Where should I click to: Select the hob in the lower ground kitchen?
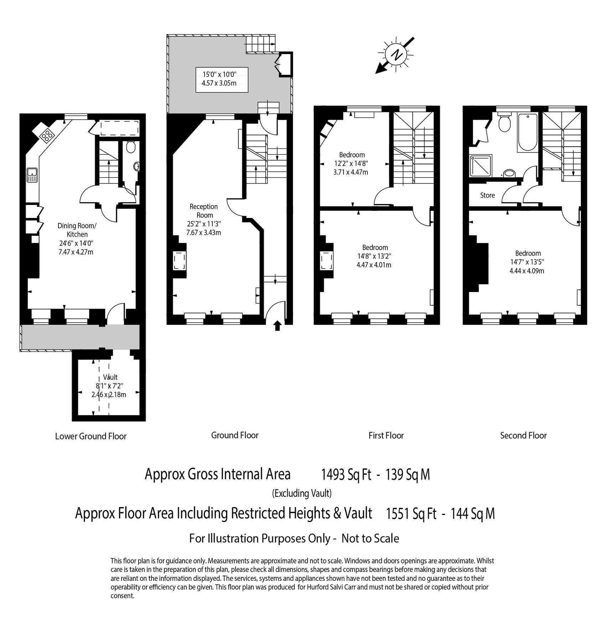[46, 135]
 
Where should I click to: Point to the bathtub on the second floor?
[527, 132]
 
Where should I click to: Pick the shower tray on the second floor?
[481, 166]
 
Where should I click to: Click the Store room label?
[487, 195]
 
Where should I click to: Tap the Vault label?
[110, 377]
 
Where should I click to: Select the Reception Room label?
[204, 211]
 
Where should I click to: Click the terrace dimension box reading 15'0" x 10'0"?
[222, 79]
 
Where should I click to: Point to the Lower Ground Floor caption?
[91, 436]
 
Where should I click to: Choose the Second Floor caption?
[523, 436]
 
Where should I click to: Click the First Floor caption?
[386, 436]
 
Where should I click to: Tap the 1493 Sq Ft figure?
[346, 475]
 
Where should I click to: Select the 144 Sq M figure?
[473, 514]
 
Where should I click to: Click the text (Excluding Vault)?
[301, 494]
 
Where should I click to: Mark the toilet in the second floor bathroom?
[504, 123]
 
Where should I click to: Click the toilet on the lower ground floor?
[130, 147]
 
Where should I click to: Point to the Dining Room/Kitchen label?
[77, 230]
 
